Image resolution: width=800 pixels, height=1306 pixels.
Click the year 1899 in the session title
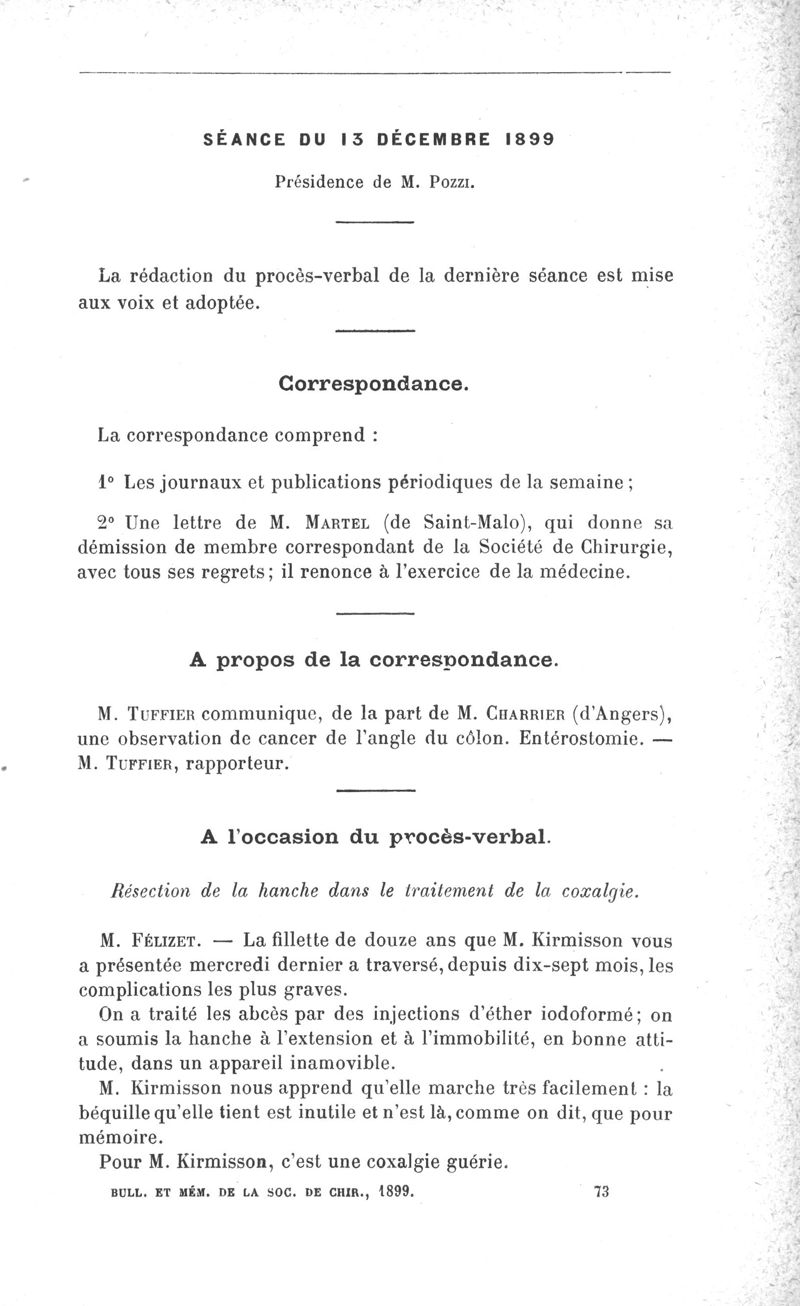[526, 140]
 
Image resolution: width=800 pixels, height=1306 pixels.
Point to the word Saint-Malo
[480, 522]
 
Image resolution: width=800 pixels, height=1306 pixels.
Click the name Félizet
[160, 941]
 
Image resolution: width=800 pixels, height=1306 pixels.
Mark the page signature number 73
[602, 1191]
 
